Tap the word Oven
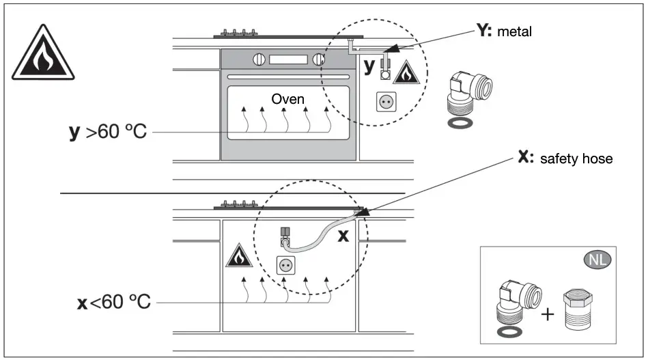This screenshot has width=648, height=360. click(287, 99)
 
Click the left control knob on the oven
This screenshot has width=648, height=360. click(259, 59)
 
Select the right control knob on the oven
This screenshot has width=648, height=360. click(319, 59)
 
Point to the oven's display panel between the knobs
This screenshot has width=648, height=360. click(288, 59)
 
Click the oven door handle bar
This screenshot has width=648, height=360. click(288, 77)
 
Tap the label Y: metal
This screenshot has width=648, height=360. click(504, 31)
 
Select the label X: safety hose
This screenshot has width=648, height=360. click(565, 158)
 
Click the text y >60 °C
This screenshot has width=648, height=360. click(108, 131)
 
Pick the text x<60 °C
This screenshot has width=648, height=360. click(114, 302)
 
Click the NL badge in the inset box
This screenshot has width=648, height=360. click(597, 260)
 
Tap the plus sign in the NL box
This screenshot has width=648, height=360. click(548, 314)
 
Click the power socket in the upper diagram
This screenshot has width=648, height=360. click(386, 102)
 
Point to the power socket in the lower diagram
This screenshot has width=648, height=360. click(286, 265)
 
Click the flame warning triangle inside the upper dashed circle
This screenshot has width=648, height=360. click(406, 73)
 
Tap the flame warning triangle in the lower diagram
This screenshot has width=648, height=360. click(239, 256)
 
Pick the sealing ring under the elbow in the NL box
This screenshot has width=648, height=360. click(509, 331)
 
